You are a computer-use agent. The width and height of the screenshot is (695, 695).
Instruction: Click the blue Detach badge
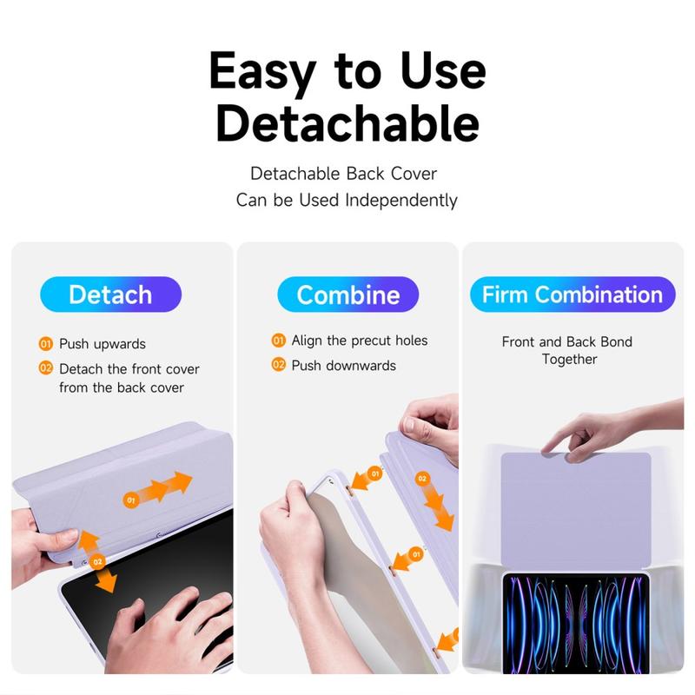click(x=110, y=295)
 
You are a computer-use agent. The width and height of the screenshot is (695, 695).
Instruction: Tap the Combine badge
click(x=348, y=295)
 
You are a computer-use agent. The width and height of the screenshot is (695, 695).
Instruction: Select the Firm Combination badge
click(x=573, y=295)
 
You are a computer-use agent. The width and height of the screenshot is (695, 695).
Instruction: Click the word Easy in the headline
click(x=262, y=72)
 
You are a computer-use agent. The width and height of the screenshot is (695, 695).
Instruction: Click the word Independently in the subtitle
click(x=401, y=201)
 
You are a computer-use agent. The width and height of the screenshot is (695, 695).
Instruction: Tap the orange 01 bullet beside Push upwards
click(x=46, y=344)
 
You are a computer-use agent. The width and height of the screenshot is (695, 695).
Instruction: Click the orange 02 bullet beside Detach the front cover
click(x=46, y=367)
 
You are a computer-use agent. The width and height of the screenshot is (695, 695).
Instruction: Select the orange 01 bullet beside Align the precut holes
click(x=278, y=341)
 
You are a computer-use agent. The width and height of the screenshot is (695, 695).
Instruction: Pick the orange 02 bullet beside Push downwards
click(x=278, y=365)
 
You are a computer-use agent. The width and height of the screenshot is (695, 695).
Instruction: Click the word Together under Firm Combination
click(x=570, y=360)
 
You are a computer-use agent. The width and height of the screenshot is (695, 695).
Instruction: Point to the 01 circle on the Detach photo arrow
click(x=131, y=500)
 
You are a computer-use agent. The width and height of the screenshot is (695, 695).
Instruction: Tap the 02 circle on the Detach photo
click(x=97, y=562)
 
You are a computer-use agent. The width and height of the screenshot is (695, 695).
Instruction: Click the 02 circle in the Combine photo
click(x=422, y=479)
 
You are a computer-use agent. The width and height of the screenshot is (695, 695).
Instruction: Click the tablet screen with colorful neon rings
click(x=576, y=624)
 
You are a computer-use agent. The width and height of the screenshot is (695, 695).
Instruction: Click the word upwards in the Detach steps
click(x=120, y=344)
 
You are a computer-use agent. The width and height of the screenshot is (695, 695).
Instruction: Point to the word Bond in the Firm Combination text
click(x=616, y=341)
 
